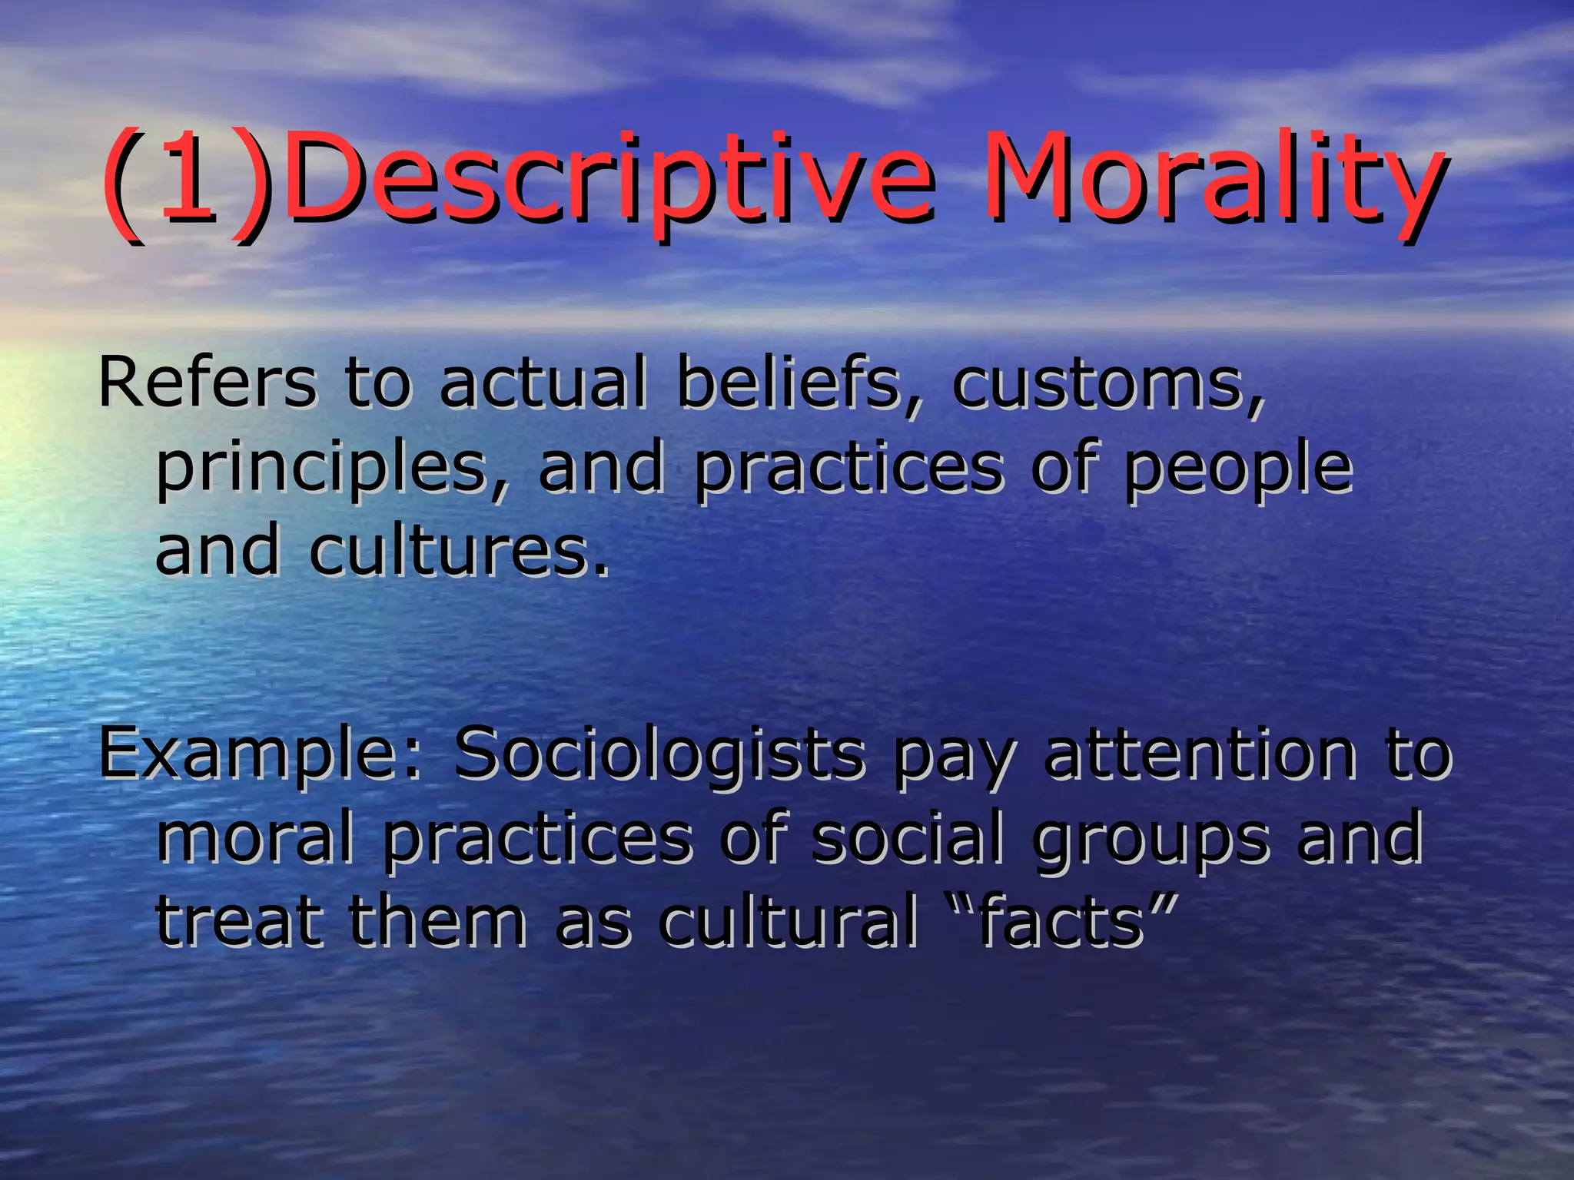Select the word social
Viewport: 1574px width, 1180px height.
coord(908,837)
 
